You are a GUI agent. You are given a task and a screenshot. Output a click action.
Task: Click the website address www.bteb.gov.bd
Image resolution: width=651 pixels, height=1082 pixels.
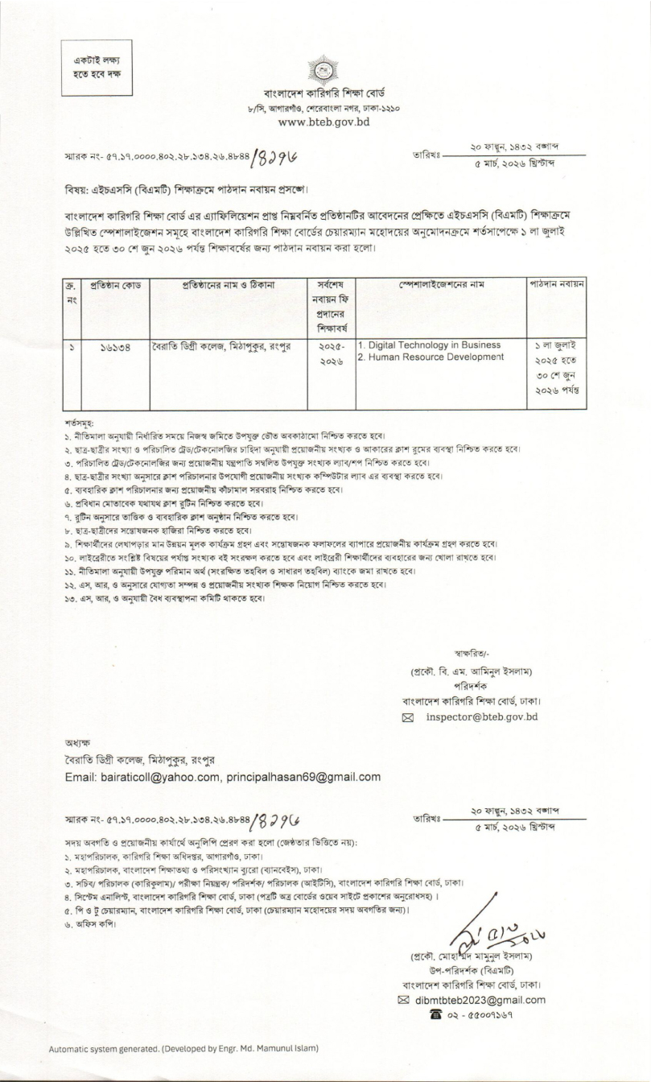click(x=323, y=122)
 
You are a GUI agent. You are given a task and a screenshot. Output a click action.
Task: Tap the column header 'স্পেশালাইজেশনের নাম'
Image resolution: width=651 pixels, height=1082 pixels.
click(x=441, y=284)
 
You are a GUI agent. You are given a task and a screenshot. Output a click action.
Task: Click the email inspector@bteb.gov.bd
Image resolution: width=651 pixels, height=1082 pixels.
click(x=481, y=716)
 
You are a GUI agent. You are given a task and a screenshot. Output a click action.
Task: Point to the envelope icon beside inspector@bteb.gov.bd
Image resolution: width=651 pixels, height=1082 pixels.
click(x=411, y=717)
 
